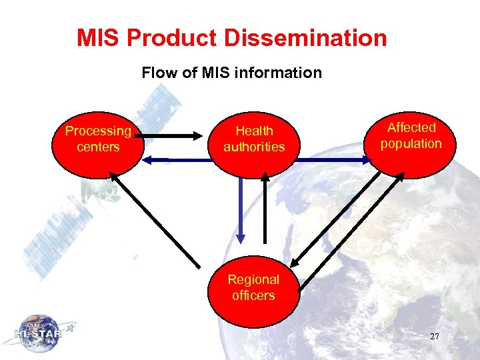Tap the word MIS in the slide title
[x=99, y=38]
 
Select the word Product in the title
[x=173, y=38]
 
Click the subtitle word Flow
[x=157, y=73]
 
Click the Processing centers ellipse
[x=98, y=144]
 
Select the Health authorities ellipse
[x=254, y=144]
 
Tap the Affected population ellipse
[x=411, y=144]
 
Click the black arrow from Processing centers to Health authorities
[x=174, y=137]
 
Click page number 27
[x=434, y=337]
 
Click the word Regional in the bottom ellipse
[x=253, y=280]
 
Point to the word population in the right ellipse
[x=411, y=144]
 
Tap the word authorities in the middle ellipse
[x=254, y=147]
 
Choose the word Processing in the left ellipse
[x=98, y=131]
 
